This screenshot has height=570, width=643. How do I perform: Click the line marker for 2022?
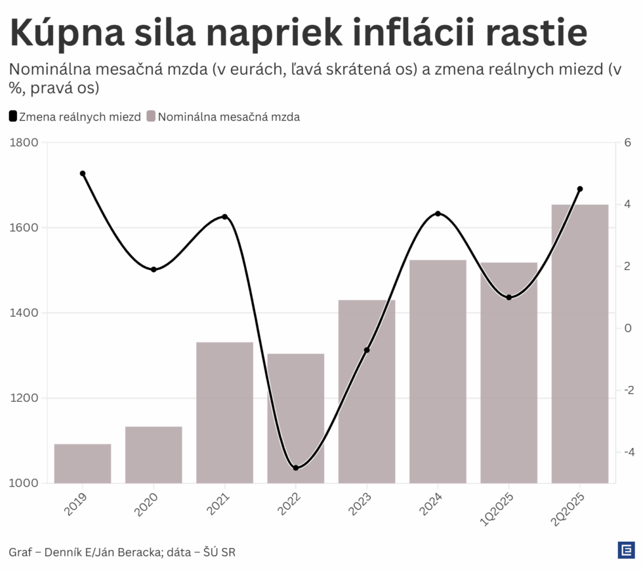[296, 468]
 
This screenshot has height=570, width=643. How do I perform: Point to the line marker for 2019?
[83, 173]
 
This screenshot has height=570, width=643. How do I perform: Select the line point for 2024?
[438, 214]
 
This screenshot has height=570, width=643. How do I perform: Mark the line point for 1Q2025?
[508, 297]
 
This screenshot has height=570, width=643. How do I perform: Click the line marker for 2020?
[154, 269]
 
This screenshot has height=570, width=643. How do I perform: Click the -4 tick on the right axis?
[627, 452]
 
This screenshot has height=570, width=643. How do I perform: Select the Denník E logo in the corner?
[625, 550]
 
